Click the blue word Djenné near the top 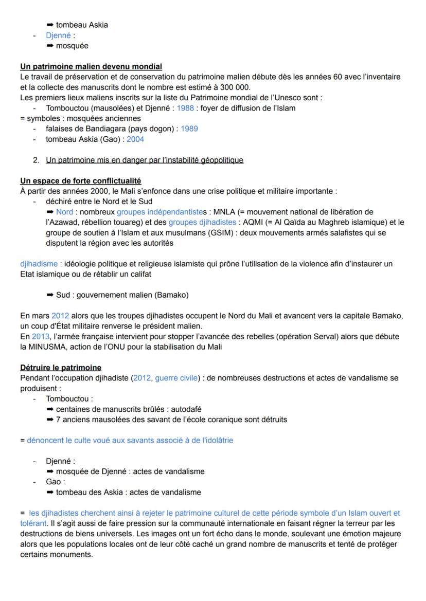(x=58, y=35)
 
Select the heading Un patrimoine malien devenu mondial (x=91, y=66)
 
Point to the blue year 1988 (x=186, y=108)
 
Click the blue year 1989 (x=189, y=129)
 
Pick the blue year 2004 (x=135, y=139)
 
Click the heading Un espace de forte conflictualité (x=80, y=181)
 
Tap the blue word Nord (x=64, y=212)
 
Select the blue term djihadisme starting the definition (x=39, y=264)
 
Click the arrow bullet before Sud (x=50, y=295)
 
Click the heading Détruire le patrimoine (x=61, y=368)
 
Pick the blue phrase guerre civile (x=176, y=378)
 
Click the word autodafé (x=186, y=409)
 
